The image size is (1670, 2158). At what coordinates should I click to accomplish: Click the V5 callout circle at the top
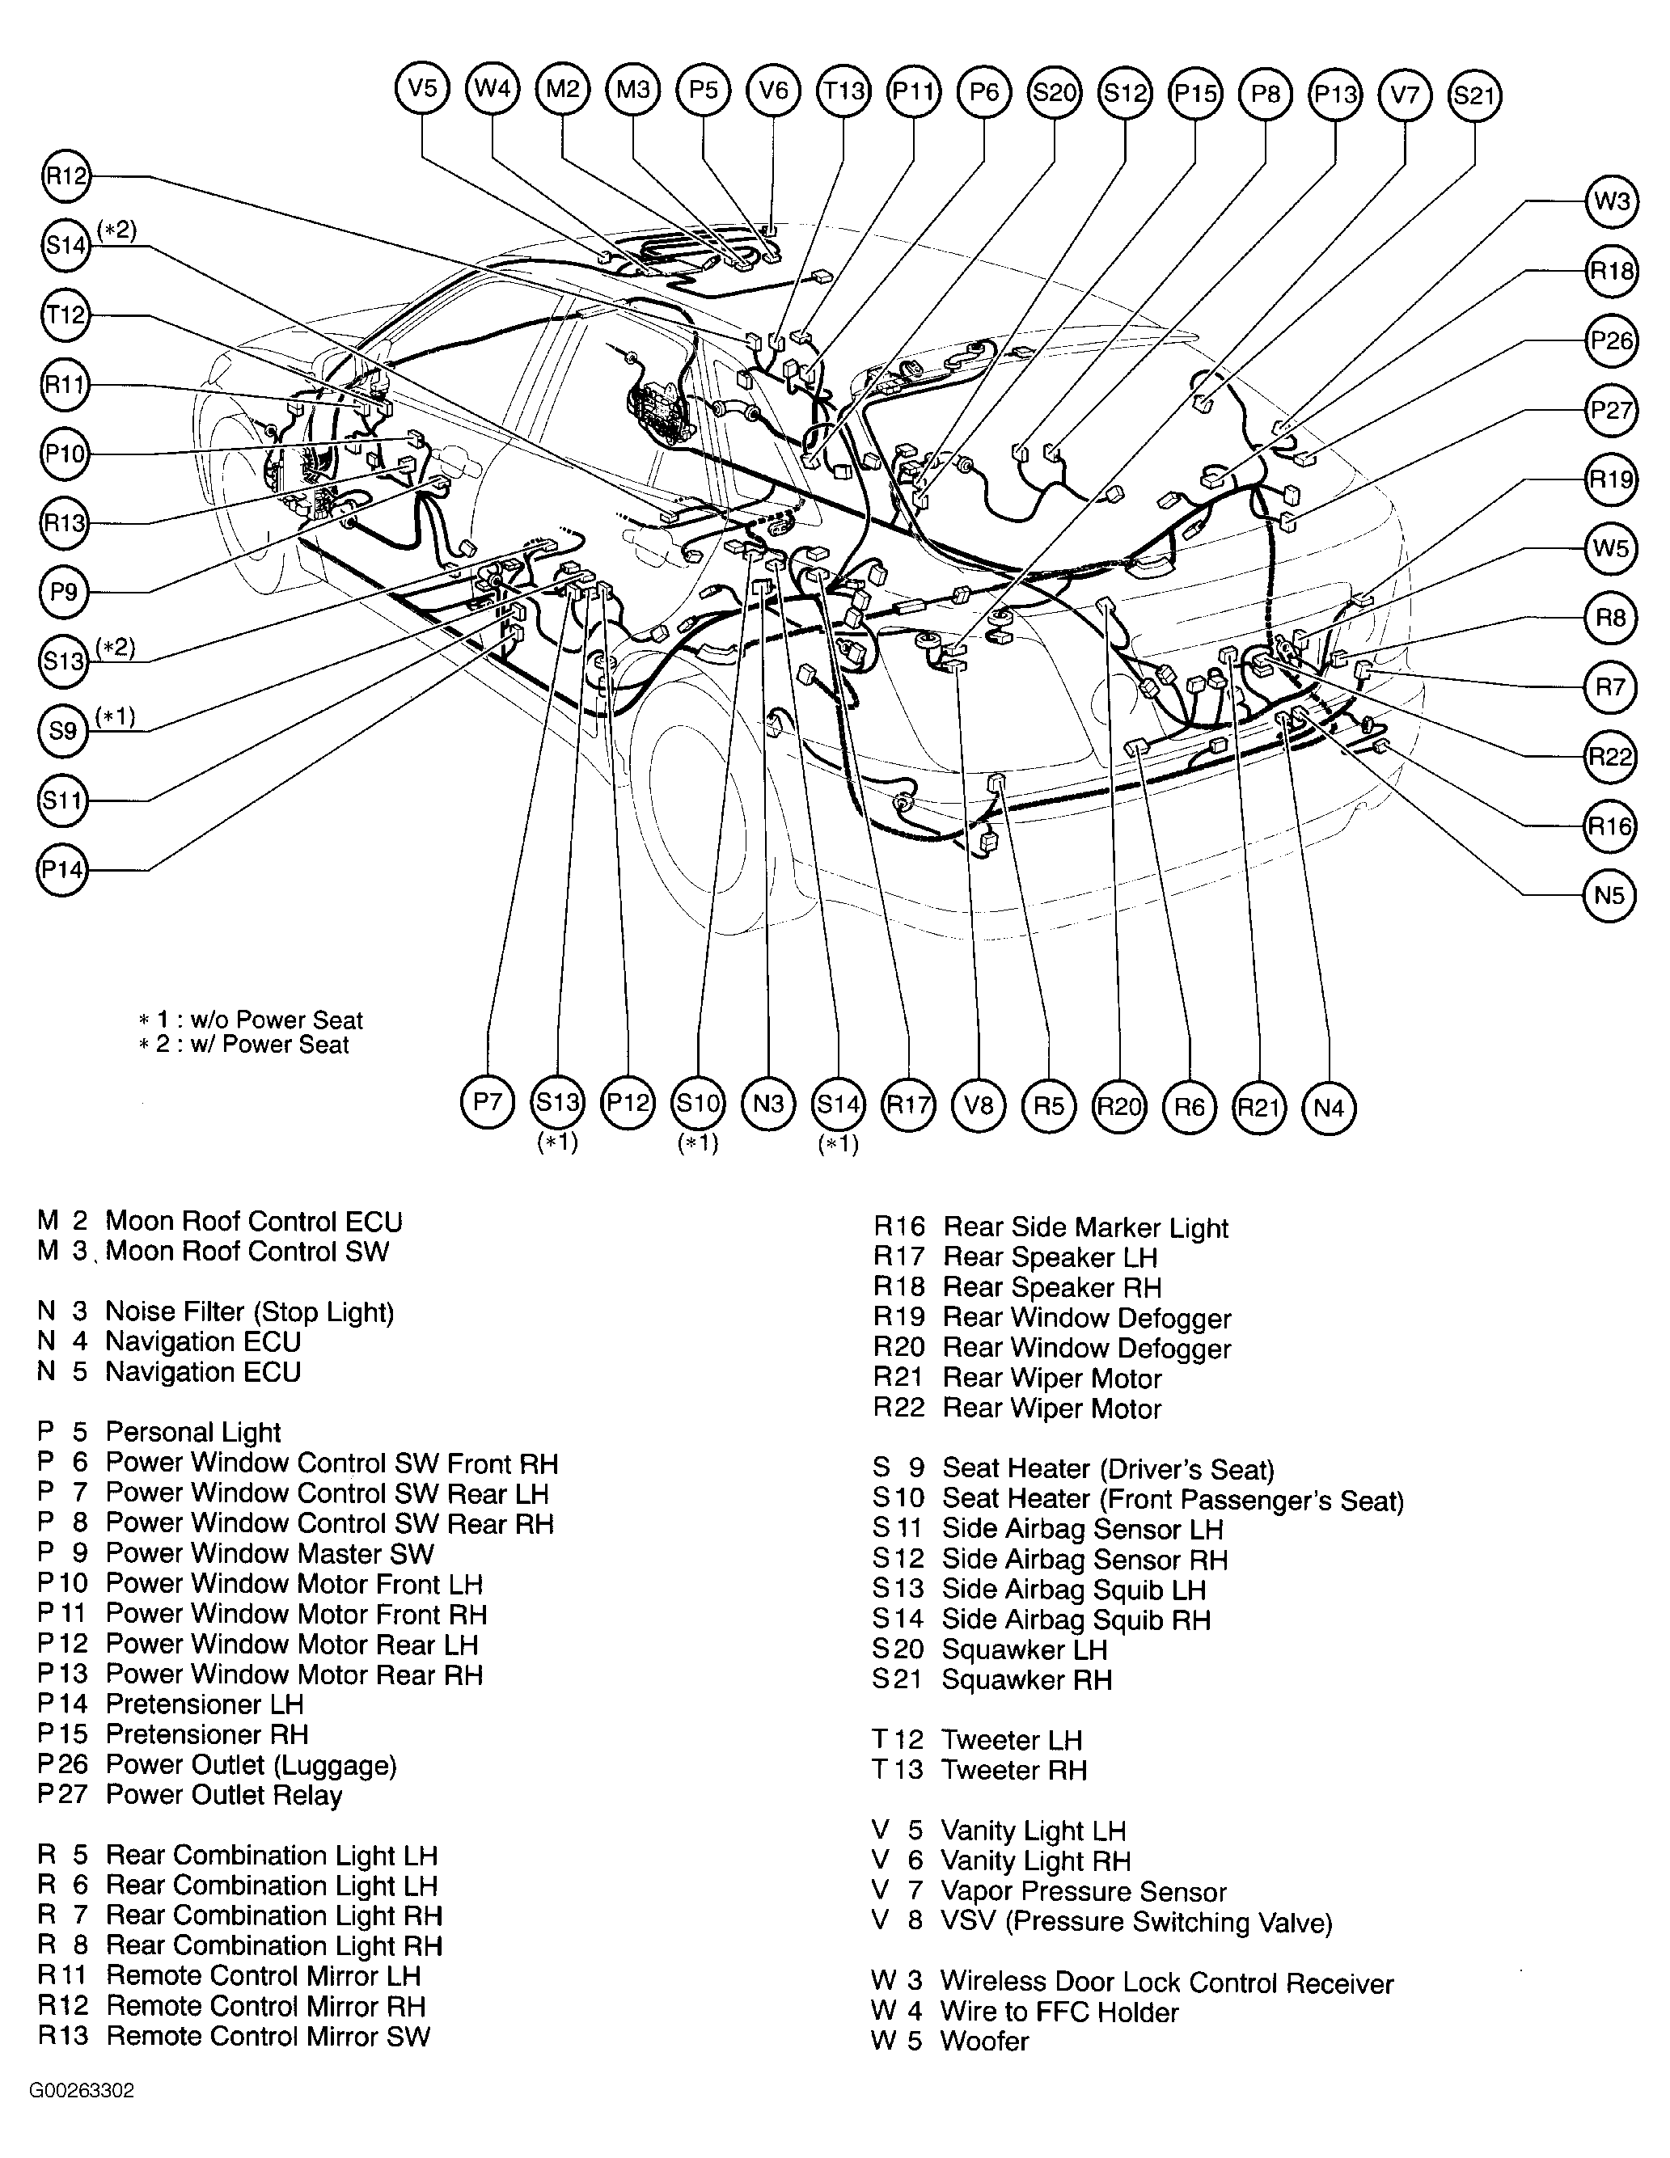(422, 89)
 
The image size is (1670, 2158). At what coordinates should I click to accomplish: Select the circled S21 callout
(1474, 96)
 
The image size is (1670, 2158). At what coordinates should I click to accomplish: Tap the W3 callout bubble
(1612, 201)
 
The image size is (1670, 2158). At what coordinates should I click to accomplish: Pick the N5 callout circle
(1609, 896)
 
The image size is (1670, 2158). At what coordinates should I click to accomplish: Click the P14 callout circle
(62, 869)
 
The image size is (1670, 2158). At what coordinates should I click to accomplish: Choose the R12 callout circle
(66, 177)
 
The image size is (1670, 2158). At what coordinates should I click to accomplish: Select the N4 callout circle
(1329, 1108)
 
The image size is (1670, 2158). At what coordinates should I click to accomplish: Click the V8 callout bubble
(979, 1104)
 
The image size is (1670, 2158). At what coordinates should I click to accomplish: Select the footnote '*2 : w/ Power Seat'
(244, 1045)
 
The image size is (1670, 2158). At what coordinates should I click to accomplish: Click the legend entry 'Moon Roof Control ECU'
(253, 1221)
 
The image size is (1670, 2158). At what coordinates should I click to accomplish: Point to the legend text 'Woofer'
(984, 2042)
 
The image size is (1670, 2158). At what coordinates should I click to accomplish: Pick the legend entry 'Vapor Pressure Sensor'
(1083, 1891)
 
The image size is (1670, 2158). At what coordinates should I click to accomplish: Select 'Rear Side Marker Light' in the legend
(1085, 1228)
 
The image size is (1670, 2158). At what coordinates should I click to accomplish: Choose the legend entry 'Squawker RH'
(1025, 1680)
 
